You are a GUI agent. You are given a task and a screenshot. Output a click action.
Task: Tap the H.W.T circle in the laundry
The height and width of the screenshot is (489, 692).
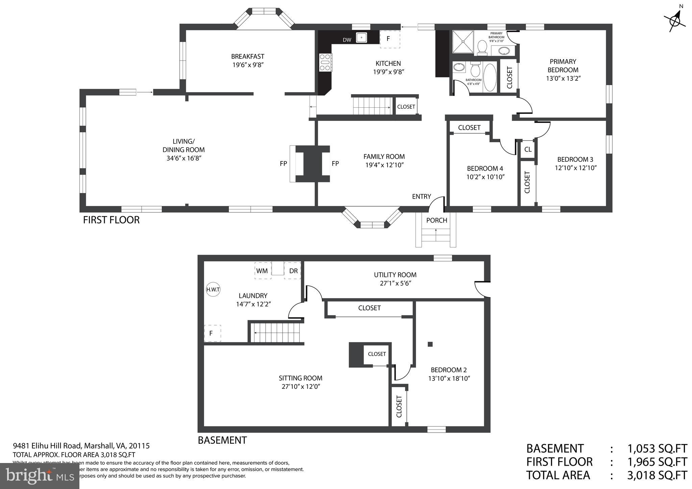pos(213,289)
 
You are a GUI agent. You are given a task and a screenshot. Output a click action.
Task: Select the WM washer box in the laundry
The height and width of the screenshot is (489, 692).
pos(263,271)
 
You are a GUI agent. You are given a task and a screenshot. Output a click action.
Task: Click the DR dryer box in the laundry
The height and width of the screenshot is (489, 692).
pos(293,271)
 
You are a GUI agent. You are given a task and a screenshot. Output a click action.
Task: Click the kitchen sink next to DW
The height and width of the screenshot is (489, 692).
pos(362,37)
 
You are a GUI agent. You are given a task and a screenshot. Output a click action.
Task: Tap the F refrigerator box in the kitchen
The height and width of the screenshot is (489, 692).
pos(390,39)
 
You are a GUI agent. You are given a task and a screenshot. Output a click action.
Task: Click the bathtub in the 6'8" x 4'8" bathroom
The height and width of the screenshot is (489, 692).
pos(490,78)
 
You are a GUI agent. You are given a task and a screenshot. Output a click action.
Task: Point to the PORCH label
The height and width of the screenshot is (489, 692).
pos(437,221)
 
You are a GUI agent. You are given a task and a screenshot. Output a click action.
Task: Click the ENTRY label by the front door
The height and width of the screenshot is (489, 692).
pos(421,197)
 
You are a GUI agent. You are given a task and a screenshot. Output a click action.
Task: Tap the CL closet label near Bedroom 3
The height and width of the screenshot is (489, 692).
pos(528,149)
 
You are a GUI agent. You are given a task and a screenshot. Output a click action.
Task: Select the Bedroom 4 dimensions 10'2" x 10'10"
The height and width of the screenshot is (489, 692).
pos(486,177)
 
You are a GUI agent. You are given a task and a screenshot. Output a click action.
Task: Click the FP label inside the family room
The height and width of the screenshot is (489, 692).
pos(335,164)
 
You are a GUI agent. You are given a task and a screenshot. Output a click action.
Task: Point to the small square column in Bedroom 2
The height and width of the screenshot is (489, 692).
pos(430,344)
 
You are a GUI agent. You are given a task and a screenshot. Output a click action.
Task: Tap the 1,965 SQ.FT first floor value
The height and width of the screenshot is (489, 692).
pos(657,462)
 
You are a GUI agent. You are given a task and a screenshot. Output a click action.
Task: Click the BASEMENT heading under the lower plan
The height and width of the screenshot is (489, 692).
pos(222,440)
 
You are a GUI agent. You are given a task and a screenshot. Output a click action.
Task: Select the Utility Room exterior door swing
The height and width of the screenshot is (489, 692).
pos(482,289)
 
